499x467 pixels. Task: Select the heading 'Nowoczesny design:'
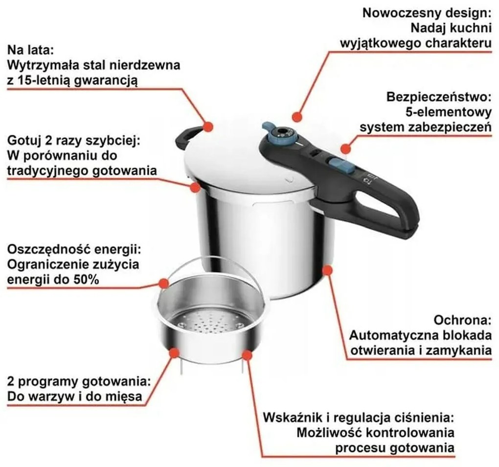(x=427, y=13)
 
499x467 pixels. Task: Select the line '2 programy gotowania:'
(x=78, y=381)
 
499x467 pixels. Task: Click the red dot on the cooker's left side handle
(x=208, y=126)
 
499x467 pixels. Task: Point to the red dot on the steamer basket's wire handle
(x=165, y=283)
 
